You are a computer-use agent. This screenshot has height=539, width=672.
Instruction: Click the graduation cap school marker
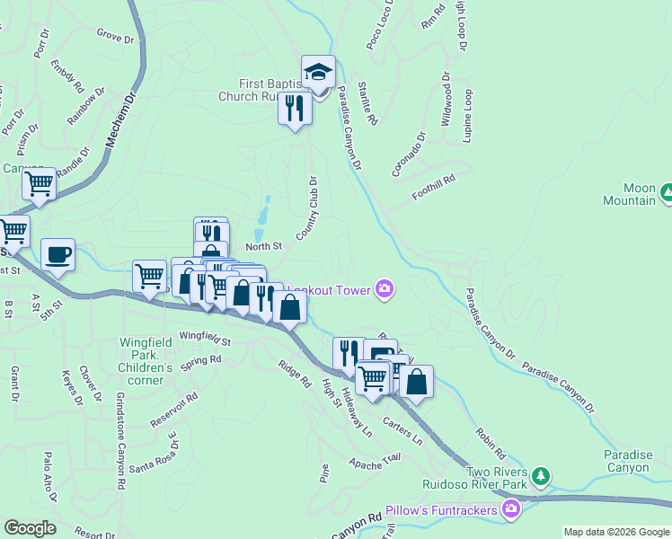[318, 71]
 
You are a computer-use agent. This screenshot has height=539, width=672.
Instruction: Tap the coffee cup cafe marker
[58, 254]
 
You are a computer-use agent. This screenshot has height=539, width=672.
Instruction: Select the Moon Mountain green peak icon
[667, 191]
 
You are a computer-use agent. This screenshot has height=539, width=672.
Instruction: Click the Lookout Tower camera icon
[385, 287]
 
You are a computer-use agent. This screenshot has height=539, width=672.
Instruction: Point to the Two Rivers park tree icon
[540, 473]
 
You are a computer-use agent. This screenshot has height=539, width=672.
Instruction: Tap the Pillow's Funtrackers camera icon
[511, 510]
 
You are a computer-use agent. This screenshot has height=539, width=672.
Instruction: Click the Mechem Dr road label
[120, 118]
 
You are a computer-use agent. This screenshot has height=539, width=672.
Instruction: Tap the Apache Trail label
[376, 463]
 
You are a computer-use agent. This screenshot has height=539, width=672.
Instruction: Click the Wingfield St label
[205, 339]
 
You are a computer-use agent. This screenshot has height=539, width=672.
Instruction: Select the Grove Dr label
[114, 36]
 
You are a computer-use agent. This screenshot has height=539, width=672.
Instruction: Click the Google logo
[30, 528]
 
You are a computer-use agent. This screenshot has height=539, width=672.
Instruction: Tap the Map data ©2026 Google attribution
[615, 532]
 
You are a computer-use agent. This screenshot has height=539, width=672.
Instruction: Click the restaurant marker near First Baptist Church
[296, 108]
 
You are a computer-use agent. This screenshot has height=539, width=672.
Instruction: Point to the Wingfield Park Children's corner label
[146, 361]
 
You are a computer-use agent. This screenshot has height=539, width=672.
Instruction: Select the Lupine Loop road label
[467, 113]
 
